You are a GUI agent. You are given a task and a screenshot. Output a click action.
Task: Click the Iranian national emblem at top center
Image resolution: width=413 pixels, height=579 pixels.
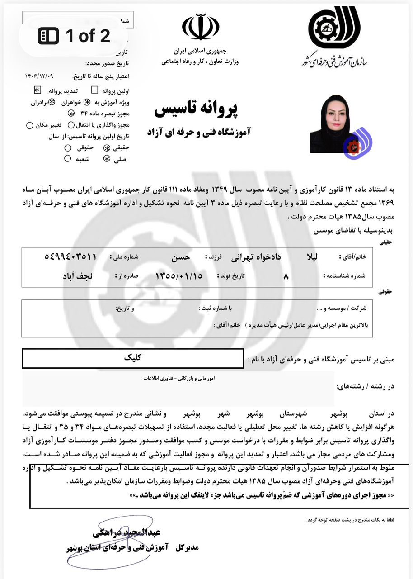[201, 28]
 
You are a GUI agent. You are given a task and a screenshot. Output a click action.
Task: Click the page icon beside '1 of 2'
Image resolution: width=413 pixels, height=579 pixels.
[48, 36]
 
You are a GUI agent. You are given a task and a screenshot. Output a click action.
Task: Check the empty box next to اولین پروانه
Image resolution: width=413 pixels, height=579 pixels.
[94, 90]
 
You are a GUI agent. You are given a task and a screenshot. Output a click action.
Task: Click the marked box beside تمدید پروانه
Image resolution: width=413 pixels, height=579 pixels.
[38, 90]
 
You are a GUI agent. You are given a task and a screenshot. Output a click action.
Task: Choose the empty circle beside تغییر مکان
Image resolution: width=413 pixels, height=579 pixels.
[30, 125]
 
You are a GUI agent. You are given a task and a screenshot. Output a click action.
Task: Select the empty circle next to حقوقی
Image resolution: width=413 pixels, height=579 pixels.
[68, 148]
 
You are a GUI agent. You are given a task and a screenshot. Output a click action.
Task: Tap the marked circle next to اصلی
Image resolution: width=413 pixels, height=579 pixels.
[107, 158]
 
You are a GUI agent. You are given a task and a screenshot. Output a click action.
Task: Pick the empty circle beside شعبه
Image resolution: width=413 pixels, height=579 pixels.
[68, 158]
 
